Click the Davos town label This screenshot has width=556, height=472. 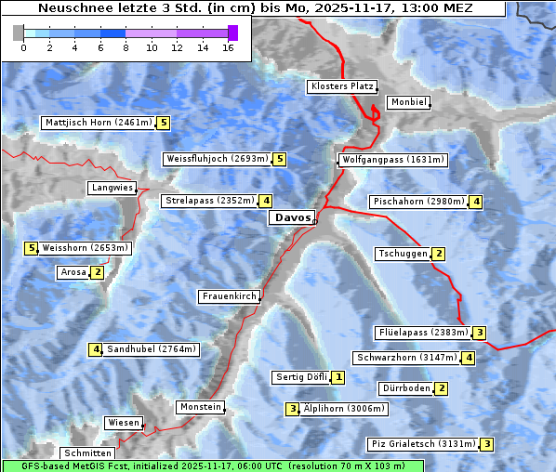(292, 217)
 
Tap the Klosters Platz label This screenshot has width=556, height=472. (341, 86)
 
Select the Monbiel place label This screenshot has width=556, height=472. (407, 102)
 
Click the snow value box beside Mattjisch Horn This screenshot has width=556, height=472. (164, 123)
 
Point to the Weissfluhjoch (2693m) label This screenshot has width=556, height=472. (217, 159)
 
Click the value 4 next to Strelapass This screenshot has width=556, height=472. (266, 201)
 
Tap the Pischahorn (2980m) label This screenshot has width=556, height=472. (417, 202)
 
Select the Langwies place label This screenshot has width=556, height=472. (112, 188)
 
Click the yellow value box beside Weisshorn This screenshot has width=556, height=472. (31, 248)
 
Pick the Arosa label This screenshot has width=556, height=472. (73, 272)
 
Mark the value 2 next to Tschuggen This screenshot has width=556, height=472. (439, 255)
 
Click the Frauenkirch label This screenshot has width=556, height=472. (229, 296)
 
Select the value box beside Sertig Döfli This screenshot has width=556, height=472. (338, 377)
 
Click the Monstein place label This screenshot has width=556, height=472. (200, 407)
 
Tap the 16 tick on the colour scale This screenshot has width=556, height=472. (229, 46)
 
